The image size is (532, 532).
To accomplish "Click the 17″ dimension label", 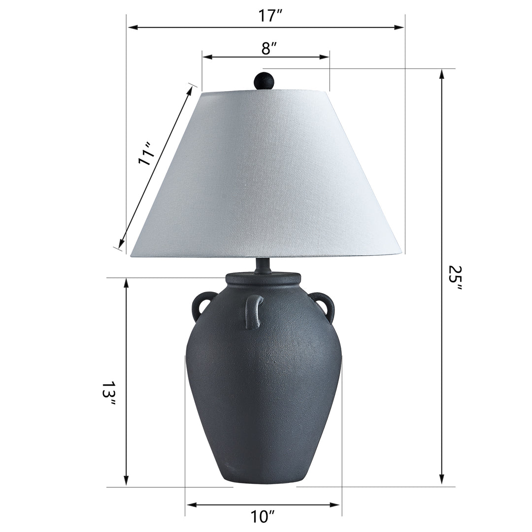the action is point(270,15).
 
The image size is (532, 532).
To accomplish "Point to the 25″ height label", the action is point(455,278).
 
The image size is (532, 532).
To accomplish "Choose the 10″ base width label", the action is point(262,517).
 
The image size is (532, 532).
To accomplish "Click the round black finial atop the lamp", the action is point(264,81).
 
